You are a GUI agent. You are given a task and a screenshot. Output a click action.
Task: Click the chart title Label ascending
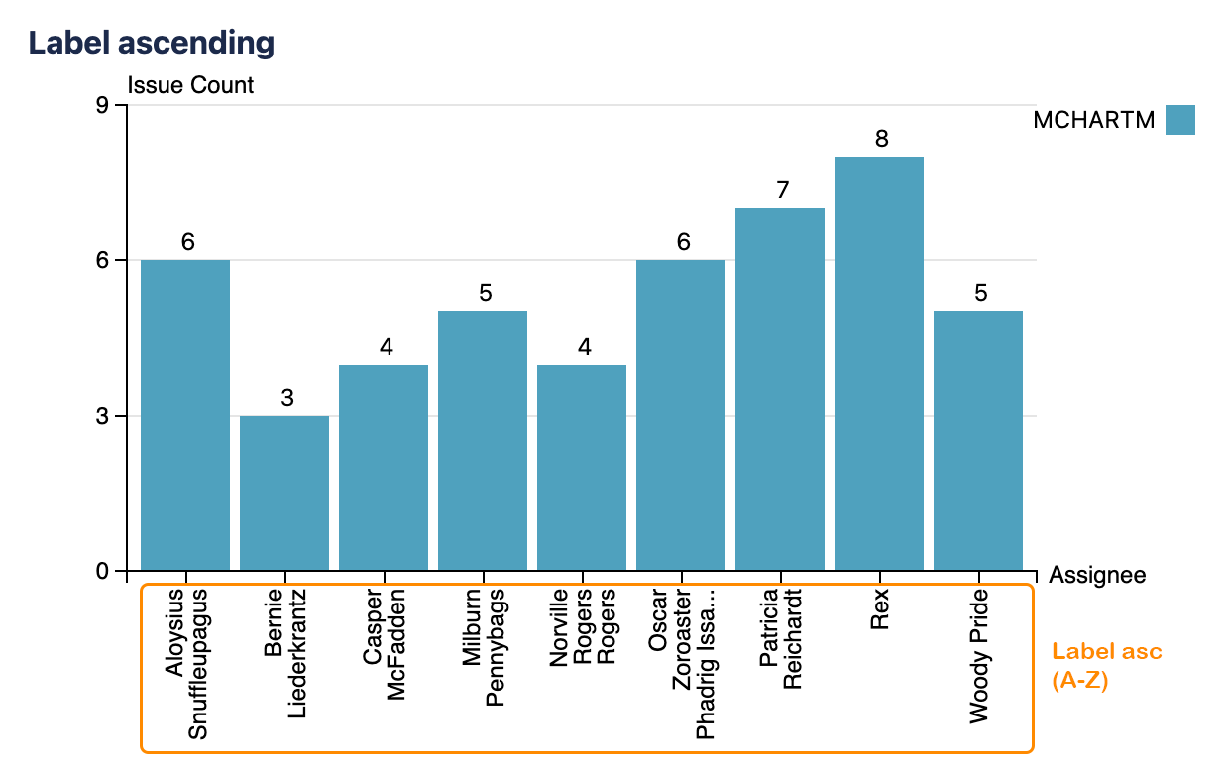151,43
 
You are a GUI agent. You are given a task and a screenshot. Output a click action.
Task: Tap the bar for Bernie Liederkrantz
284,493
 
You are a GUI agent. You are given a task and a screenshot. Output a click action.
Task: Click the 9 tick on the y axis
103,105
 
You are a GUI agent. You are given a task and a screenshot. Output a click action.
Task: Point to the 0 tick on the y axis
103,572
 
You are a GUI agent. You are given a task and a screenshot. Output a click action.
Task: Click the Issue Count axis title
190,85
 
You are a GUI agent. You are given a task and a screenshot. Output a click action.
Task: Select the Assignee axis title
1097,575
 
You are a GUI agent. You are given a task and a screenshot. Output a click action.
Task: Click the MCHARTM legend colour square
1179,120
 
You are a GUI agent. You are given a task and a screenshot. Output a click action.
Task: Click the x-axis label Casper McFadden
384,646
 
